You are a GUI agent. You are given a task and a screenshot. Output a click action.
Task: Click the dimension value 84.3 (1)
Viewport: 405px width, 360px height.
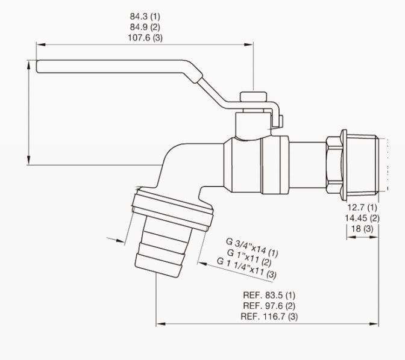(145, 16)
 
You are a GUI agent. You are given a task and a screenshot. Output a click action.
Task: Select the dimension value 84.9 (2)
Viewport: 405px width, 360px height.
(145, 27)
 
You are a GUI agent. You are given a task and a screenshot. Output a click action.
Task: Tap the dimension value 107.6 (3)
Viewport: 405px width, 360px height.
(145, 38)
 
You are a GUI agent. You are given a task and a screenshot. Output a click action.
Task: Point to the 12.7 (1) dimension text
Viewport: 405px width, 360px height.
(362, 207)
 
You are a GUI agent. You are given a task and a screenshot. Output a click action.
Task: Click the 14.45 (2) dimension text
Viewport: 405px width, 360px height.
(362, 218)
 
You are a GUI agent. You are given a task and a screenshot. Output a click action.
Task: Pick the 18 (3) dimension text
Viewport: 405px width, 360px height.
(362, 229)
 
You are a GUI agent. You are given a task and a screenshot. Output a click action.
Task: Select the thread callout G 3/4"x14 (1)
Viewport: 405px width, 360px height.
(252, 248)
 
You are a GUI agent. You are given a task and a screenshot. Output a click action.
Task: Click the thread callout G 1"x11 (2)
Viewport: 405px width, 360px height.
(250, 257)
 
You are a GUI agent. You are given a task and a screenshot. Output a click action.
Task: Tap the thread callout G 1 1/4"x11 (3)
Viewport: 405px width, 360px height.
(246, 268)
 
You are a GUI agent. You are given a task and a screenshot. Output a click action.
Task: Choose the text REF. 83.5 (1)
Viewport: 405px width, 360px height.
(269, 295)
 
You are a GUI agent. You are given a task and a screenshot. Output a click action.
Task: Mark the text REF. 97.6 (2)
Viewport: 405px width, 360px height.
(269, 306)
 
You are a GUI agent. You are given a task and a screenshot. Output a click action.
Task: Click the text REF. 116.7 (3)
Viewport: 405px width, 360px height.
(269, 317)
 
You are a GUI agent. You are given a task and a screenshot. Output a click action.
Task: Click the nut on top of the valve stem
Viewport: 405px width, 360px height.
(253, 96)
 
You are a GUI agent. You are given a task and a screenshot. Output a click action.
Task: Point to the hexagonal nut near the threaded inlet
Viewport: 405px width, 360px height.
(334, 165)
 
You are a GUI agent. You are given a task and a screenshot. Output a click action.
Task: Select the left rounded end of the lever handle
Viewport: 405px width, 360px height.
(38, 67)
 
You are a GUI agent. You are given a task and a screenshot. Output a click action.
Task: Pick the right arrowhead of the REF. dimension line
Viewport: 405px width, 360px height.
(374, 324)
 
